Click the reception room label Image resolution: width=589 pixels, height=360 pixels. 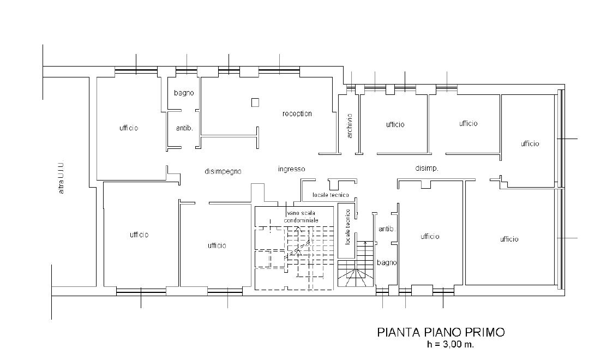(297, 113)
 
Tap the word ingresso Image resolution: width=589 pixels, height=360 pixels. (291, 169)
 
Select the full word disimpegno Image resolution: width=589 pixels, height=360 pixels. (223, 171)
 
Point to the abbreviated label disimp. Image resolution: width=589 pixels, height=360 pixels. (426, 169)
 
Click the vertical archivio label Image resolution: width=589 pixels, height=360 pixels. (350, 126)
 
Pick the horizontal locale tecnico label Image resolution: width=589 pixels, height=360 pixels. (330, 195)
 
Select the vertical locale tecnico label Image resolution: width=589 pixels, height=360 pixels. (347, 227)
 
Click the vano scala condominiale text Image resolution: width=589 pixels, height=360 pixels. (301, 217)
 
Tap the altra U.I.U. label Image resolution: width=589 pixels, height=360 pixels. (61, 177)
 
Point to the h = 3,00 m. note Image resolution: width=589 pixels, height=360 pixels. (450, 344)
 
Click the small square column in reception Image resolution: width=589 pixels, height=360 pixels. (255, 102)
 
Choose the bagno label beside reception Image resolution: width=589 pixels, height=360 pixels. (184, 93)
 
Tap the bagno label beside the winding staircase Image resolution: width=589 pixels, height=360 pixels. (387, 263)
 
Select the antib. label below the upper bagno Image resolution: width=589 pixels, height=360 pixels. (184, 128)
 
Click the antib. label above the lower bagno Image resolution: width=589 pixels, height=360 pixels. (387, 229)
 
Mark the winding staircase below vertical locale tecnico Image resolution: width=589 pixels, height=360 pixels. (356, 264)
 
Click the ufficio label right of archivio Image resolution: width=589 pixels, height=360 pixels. (395, 124)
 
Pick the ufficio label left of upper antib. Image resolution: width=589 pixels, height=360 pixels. (129, 128)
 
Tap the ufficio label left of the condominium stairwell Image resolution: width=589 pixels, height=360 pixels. (217, 245)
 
